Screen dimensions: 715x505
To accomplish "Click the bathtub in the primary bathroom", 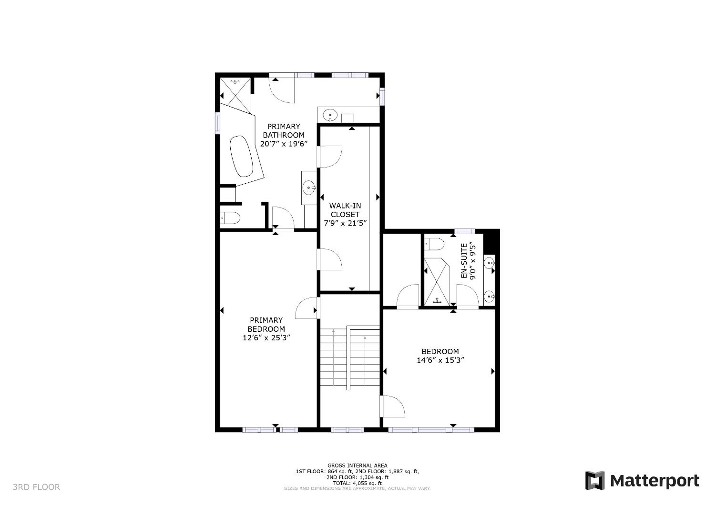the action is click(x=242, y=156).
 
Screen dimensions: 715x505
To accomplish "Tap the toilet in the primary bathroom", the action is click(x=230, y=218).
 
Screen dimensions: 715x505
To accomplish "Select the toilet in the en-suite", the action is click(x=434, y=244).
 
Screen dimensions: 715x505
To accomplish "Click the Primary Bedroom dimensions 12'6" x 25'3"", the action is click(x=267, y=338).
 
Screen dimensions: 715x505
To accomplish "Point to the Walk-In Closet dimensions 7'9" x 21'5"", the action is click(x=345, y=223).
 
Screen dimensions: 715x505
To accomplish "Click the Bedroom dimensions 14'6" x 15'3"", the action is click(x=440, y=361).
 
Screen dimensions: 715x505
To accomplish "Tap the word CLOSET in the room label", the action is click(x=345, y=215).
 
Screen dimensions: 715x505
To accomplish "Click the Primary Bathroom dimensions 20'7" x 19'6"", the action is click(x=284, y=144).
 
